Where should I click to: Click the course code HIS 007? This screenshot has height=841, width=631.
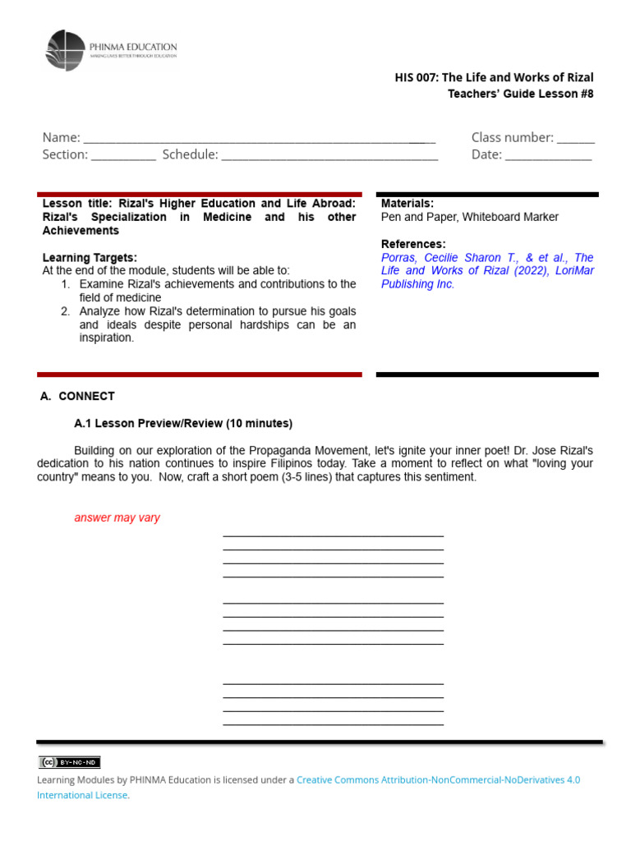click(417, 77)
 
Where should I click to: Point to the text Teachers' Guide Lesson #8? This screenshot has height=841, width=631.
click(520, 94)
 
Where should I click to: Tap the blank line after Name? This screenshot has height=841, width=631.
click(259, 138)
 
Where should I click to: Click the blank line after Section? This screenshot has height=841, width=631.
click(123, 155)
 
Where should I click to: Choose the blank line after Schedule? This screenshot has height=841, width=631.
click(329, 155)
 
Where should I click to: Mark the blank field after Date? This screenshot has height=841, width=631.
click(548, 155)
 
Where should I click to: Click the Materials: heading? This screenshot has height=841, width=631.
click(408, 204)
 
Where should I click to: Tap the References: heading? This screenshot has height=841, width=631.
click(413, 244)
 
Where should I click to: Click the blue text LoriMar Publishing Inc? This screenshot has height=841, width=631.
click(417, 284)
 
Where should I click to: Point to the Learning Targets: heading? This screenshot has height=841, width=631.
click(90, 258)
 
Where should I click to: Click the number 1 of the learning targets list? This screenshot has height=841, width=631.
click(65, 284)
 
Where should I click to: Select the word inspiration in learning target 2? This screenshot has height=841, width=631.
click(107, 338)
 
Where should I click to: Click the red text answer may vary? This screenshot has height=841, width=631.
click(117, 518)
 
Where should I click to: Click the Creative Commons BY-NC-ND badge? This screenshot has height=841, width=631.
click(69, 762)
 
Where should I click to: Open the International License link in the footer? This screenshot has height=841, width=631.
click(82, 795)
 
